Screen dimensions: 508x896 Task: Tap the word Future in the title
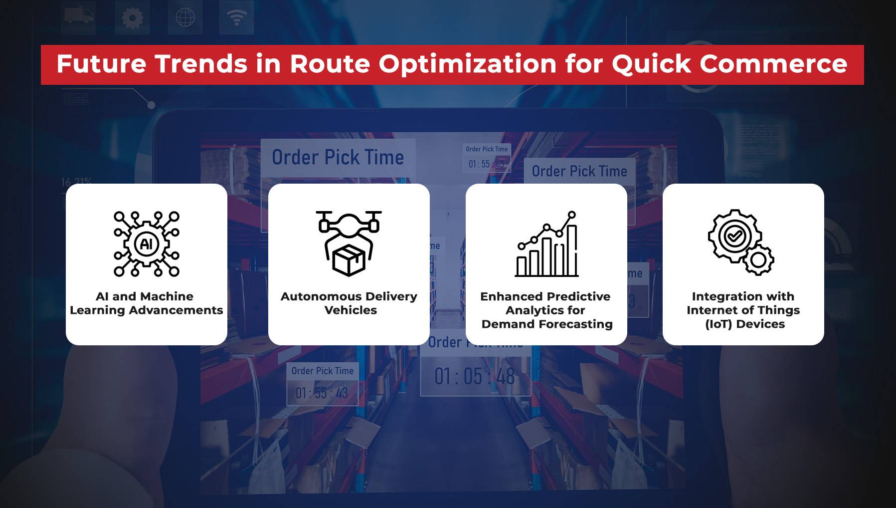coord(101,64)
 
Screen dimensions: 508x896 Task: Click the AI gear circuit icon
coord(147,244)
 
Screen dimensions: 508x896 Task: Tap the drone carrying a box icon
coord(349,243)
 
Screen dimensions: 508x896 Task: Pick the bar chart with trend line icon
coord(547,244)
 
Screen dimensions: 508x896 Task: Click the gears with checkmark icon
coord(741,242)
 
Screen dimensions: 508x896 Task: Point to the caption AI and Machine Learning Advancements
coord(146,303)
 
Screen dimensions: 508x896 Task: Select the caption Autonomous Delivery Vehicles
coord(349,303)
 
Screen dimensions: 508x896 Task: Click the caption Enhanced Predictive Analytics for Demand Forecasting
coord(546,310)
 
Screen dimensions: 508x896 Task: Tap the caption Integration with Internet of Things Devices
coord(743,310)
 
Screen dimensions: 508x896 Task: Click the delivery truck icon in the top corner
coord(79,17)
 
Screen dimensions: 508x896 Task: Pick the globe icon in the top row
coord(185,18)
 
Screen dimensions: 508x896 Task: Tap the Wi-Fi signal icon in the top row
coord(237,18)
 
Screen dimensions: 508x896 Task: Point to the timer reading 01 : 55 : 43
coord(322,393)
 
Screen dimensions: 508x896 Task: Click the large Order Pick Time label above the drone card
coord(338,158)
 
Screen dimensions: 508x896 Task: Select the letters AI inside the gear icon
coord(147,244)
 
